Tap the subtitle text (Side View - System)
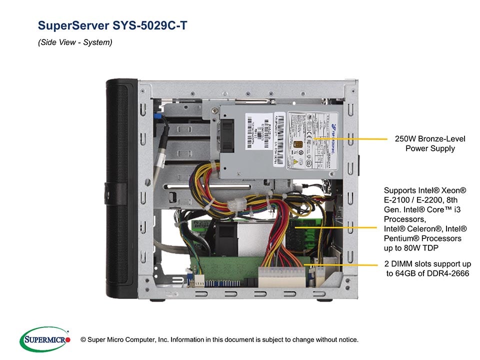click(75, 42)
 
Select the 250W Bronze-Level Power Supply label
click(429, 143)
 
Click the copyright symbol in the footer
click(83, 339)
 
